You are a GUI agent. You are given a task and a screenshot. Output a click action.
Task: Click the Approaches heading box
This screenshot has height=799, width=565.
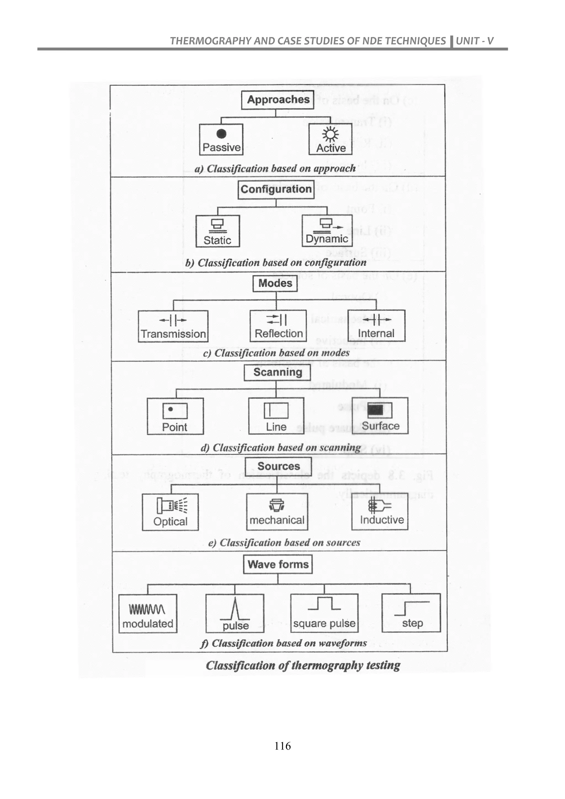[x=277, y=100]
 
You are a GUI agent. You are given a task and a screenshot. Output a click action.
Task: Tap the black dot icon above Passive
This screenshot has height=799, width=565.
[x=221, y=134]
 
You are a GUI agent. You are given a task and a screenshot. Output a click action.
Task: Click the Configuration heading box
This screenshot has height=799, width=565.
[x=276, y=189]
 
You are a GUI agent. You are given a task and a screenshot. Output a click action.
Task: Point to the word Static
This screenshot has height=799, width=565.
[x=217, y=240]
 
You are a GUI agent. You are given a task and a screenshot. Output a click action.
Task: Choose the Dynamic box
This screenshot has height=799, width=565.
[x=327, y=231]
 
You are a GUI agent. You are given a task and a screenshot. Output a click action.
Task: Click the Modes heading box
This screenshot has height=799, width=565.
[x=275, y=283]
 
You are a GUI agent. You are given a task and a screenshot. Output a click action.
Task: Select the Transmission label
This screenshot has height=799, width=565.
[x=173, y=334]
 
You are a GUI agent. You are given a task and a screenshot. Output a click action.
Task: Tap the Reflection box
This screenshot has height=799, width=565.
[x=278, y=326]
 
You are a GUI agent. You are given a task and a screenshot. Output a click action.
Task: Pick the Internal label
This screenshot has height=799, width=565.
[x=376, y=333]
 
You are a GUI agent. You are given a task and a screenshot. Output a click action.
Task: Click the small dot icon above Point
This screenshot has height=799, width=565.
[x=170, y=409]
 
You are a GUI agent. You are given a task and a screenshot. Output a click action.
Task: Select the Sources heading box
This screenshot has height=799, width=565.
[x=278, y=466]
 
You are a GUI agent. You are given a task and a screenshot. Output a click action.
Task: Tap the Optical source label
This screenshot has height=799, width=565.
[x=170, y=521]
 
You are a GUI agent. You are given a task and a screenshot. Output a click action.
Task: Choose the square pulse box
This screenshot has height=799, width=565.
[x=324, y=613]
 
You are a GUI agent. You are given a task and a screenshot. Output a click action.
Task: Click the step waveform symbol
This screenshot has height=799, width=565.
[x=412, y=608]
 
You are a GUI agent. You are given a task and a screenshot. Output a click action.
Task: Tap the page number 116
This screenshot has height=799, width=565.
[x=282, y=746]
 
